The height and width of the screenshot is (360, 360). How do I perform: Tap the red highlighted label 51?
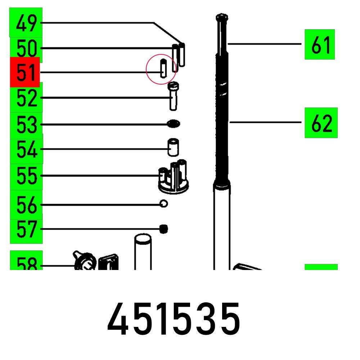[x=24, y=72]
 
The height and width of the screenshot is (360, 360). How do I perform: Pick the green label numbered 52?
[x=26, y=97]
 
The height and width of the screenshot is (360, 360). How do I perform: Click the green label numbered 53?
[x=26, y=125]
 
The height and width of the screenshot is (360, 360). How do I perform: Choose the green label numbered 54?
[x=26, y=149]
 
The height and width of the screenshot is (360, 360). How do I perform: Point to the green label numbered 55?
[x=26, y=176]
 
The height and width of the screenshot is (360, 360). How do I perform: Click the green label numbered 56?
[x=26, y=204]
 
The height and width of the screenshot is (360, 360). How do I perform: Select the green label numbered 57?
[x=26, y=229]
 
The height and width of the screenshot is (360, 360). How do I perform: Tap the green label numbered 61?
[x=320, y=44]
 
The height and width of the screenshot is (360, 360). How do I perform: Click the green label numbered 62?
[x=321, y=122]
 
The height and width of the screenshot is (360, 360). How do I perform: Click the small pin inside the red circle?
[x=163, y=68]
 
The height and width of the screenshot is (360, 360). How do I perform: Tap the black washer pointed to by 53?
[x=174, y=124]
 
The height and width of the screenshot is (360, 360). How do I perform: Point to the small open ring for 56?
[x=163, y=204]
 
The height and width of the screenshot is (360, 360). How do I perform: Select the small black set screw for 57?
[x=164, y=229]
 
